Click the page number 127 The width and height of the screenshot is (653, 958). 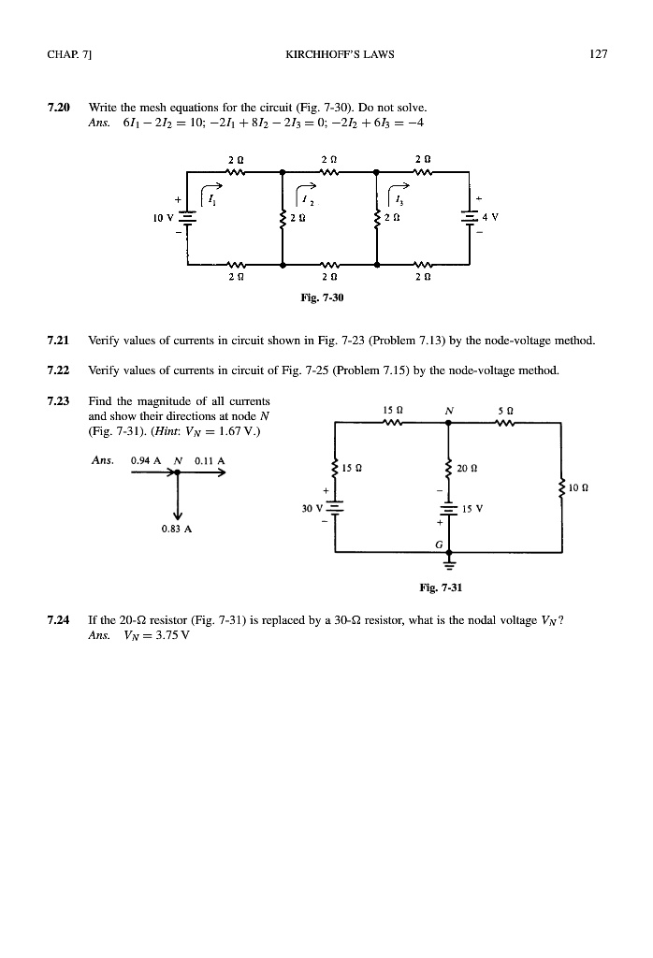[x=600, y=53]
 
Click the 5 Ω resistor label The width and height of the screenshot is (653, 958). [x=512, y=408]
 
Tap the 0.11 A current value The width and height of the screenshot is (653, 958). [x=206, y=460]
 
